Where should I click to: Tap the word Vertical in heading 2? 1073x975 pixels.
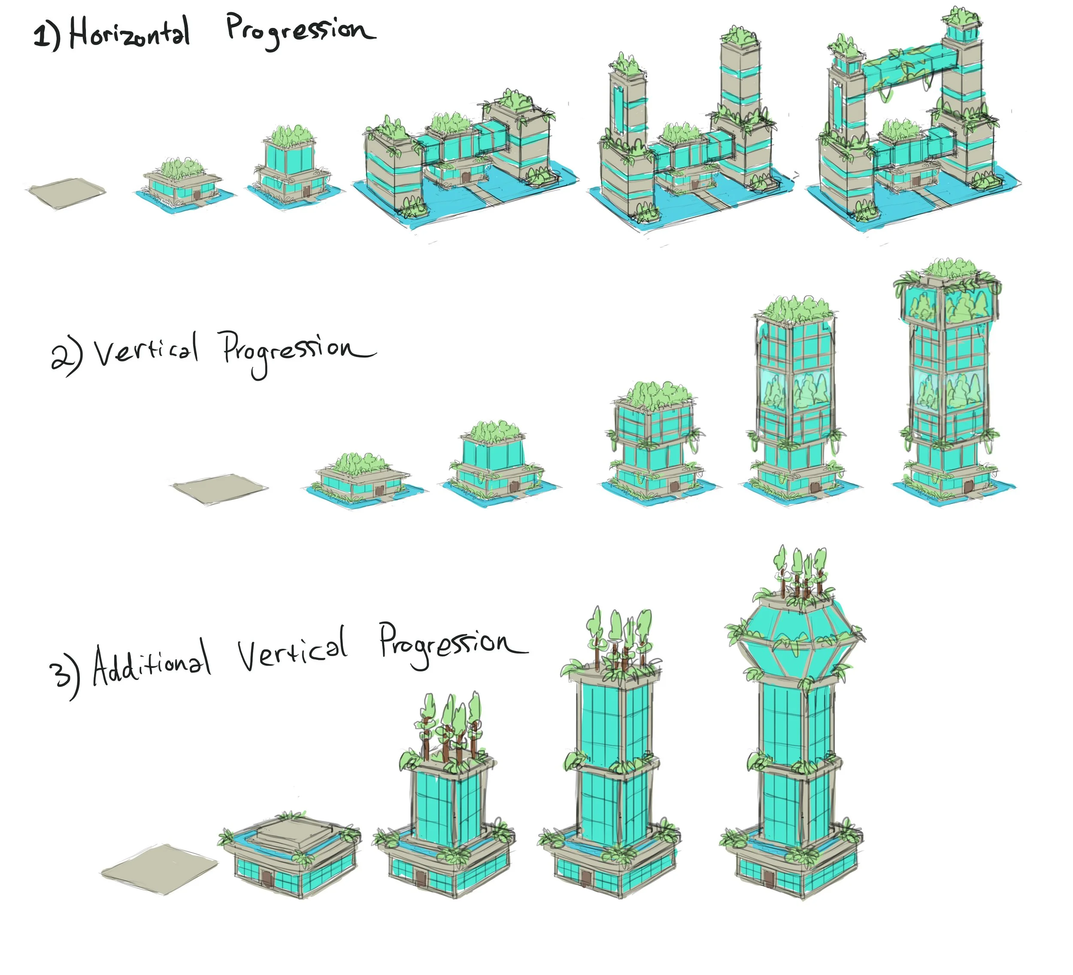(x=146, y=351)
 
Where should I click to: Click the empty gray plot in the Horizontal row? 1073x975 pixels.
(x=66, y=191)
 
